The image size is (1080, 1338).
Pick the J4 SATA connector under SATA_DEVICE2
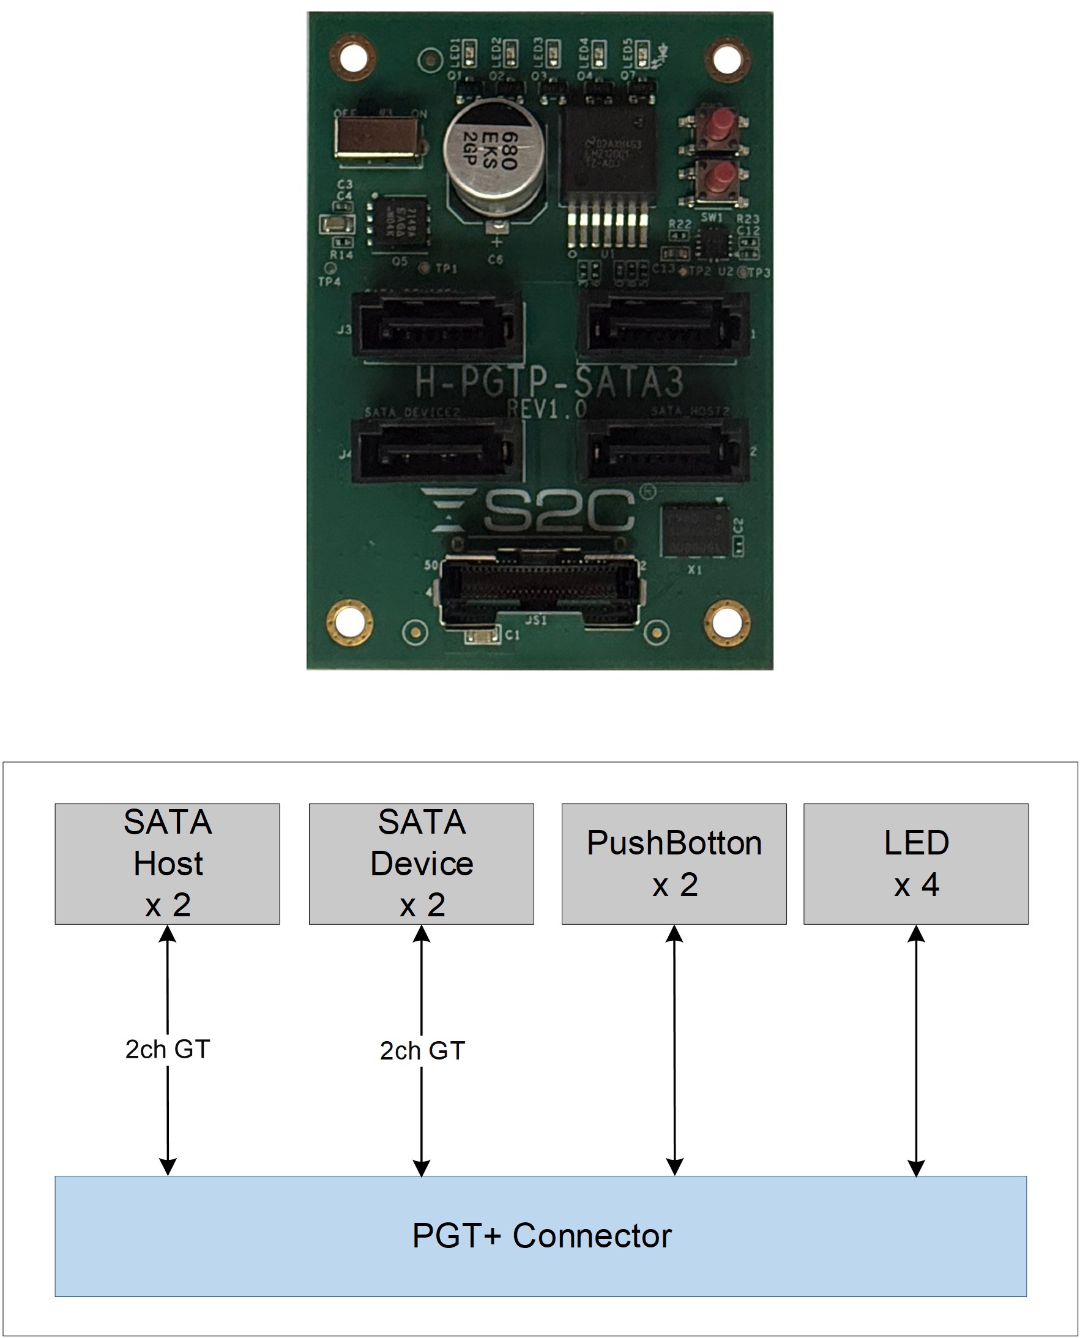click(436, 450)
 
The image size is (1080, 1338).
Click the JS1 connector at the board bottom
click(538, 590)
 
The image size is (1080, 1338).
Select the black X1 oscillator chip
click(695, 531)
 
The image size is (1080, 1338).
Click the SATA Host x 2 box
click(167, 863)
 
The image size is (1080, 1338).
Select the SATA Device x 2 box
click(421, 863)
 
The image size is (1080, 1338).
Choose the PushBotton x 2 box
click(674, 863)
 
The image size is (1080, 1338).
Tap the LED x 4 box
click(916, 863)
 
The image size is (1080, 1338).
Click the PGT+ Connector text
click(542, 1235)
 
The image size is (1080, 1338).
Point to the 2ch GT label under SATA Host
click(167, 1049)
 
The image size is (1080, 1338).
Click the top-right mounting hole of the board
click(726, 59)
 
